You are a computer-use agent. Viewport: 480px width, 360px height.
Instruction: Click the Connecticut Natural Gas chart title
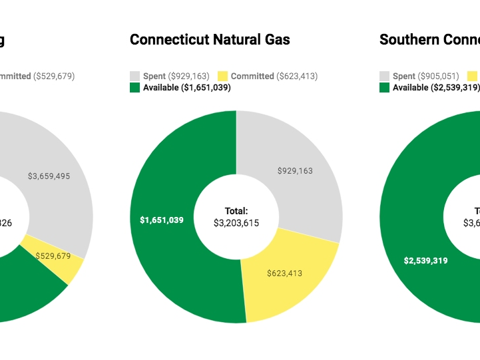pos(210,40)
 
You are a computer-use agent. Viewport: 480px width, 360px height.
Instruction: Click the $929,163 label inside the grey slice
pos(295,171)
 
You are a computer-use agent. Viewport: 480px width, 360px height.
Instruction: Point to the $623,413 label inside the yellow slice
pos(284,273)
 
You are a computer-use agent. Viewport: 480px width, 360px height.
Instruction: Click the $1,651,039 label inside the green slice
pos(162,220)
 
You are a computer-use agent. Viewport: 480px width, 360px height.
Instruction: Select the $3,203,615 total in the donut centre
pos(236,224)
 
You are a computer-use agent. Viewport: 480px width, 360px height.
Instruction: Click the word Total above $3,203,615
pos(236,210)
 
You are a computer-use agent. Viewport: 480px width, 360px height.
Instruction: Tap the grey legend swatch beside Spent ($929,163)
pos(134,77)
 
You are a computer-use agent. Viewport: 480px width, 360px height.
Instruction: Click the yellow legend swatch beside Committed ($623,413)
pos(222,77)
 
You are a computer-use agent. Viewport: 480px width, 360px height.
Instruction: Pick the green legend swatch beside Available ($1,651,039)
pos(134,87)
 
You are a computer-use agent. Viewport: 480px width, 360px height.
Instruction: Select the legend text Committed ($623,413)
pos(274,77)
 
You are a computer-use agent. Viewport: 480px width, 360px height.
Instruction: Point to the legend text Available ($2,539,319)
pos(436,87)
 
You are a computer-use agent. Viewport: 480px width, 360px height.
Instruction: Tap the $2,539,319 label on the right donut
pos(425,261)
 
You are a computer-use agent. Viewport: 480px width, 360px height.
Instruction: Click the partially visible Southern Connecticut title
pos(429,40)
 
